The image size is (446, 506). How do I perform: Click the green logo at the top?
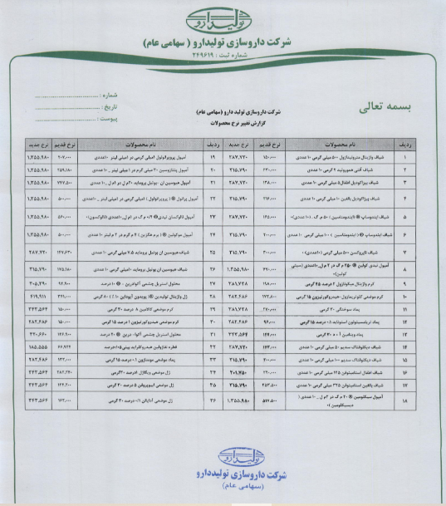coord(222,17)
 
